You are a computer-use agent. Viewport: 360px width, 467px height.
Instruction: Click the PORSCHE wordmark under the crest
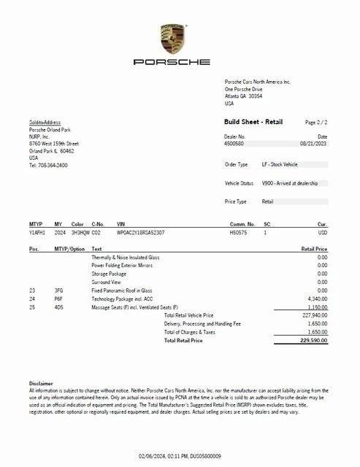[173, 62]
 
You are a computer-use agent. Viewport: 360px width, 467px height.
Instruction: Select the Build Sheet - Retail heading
[253, 122]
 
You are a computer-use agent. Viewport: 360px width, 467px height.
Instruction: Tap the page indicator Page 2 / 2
[317, 122]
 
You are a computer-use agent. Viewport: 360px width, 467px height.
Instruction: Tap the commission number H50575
[239, 231]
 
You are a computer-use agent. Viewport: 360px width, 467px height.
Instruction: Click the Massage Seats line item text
[134, 307]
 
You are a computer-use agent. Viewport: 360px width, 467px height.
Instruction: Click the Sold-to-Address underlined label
[45, 122]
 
